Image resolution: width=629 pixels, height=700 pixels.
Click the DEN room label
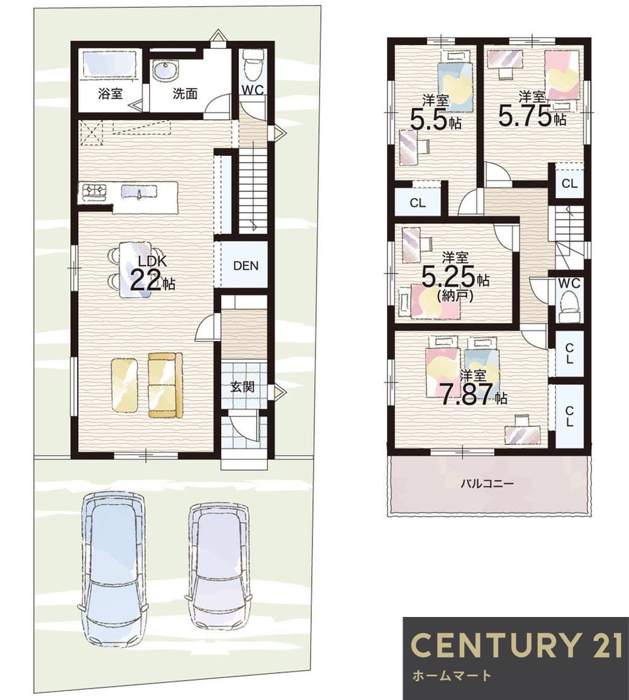[x=245, y=266]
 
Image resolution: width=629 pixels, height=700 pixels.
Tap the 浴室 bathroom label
[x=110, y=94]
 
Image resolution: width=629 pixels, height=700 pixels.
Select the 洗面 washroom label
[x=185, y=94]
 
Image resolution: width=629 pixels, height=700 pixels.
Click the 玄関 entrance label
[x=242, y=387]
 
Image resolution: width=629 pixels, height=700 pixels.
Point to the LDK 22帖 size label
[x=152, y=273]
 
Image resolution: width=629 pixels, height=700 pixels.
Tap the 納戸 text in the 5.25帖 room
[x=455, y=295]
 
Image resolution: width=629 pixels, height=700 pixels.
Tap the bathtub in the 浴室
[x=110, y=65]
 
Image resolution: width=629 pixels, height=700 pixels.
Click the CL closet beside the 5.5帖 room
[x=418, y=203]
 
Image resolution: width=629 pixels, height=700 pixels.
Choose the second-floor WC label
[x=569, y=283]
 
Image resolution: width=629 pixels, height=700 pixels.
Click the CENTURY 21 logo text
[x=516, y=645]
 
